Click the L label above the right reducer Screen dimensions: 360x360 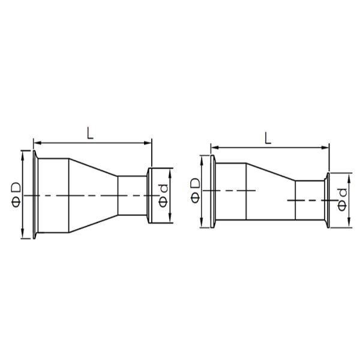click(x=268, y=137)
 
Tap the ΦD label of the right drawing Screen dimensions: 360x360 click(x=195, y=190)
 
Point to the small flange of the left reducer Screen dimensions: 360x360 click(x=150, y=196)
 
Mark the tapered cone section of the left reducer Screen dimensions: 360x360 click(x=93, y=196)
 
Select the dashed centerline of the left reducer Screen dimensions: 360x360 click(x=90, y=196)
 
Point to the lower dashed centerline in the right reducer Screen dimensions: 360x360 click(x=306, y=200)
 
